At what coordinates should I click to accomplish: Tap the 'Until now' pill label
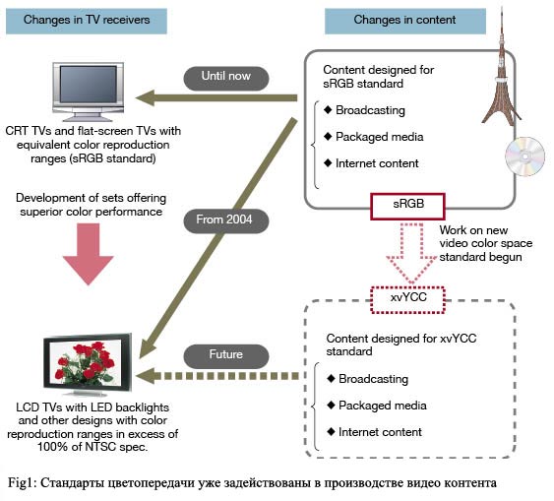226,78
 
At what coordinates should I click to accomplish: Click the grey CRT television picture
88,92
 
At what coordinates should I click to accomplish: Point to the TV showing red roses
88,364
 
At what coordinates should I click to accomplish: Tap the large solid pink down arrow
88,254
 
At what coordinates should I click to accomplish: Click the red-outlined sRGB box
407,207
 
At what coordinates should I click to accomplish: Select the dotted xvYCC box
408,299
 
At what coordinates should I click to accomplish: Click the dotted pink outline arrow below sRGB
411,253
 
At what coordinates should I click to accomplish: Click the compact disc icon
525,157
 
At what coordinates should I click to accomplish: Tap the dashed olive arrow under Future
216,376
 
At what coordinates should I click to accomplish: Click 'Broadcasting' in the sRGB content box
370,110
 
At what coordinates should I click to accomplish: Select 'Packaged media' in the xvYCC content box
383,406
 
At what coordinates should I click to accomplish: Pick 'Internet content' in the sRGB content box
377,163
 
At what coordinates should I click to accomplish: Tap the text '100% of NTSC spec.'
92,447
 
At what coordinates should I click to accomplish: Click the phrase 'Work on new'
473,230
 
